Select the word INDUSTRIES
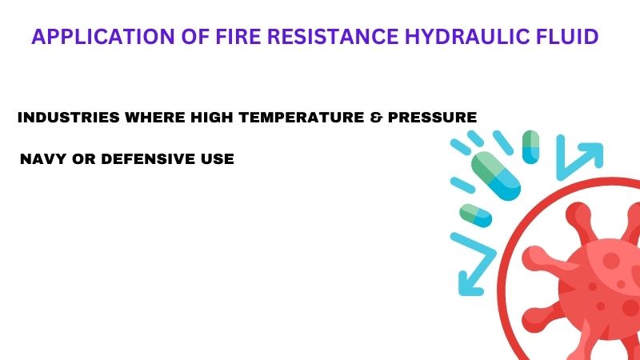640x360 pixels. pos(69,118)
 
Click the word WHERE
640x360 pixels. pos(155,118)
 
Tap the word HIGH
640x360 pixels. pos(212,118)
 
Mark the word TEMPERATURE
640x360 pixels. pos(302,118)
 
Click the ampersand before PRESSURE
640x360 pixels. pos(376,118)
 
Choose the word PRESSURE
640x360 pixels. pos(432,118)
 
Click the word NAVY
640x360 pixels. pos(43,158)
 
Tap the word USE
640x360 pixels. pos(217,158)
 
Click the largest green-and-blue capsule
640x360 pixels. pos(496,176)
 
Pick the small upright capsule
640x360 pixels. pos(530,147)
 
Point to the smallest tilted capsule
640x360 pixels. pos(475,215)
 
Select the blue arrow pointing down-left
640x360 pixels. pos(474,264)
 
